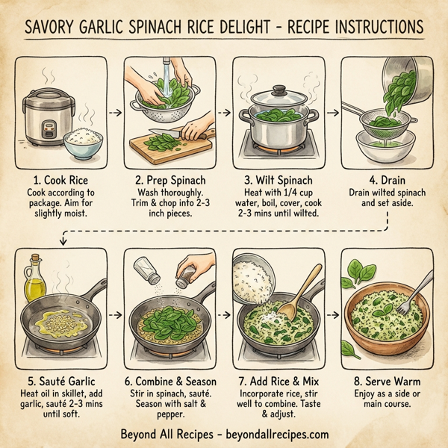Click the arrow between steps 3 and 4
331,113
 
